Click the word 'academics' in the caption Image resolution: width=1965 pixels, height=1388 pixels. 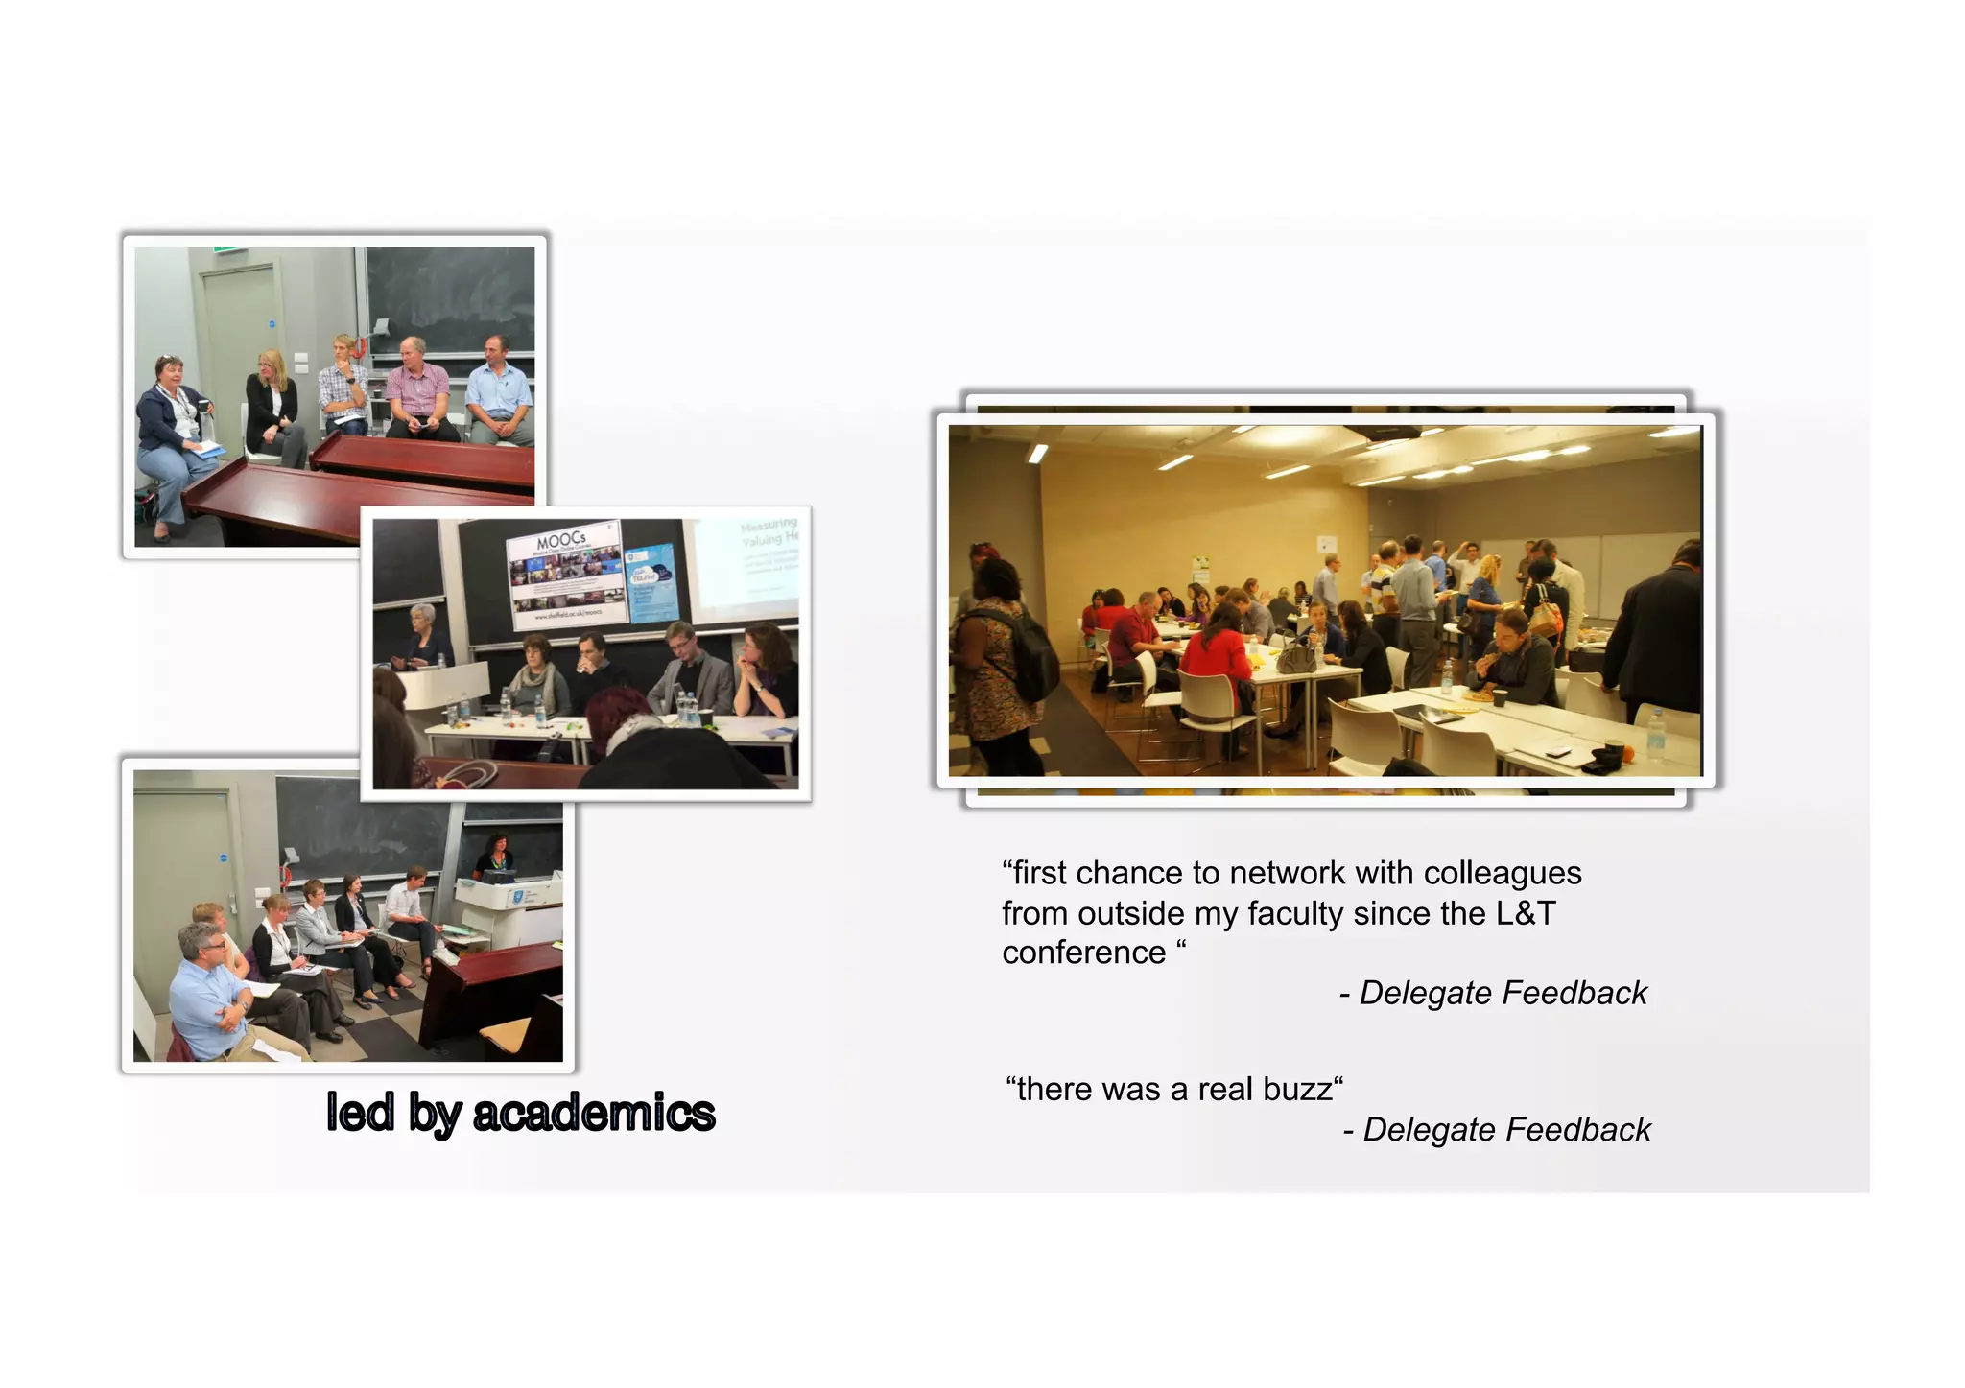tap(594, 1113)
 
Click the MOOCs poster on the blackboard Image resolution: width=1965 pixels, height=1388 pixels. tap(564, 576)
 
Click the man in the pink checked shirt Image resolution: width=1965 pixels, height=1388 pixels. tap(417, 388)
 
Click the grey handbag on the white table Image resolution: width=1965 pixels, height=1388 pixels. tap(1295, 659)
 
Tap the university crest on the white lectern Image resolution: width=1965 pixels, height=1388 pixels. tap(517, 897)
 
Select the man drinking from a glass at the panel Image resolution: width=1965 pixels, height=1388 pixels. tap(593, 662)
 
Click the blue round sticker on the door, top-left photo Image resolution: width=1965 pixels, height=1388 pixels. tap(272, 324)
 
